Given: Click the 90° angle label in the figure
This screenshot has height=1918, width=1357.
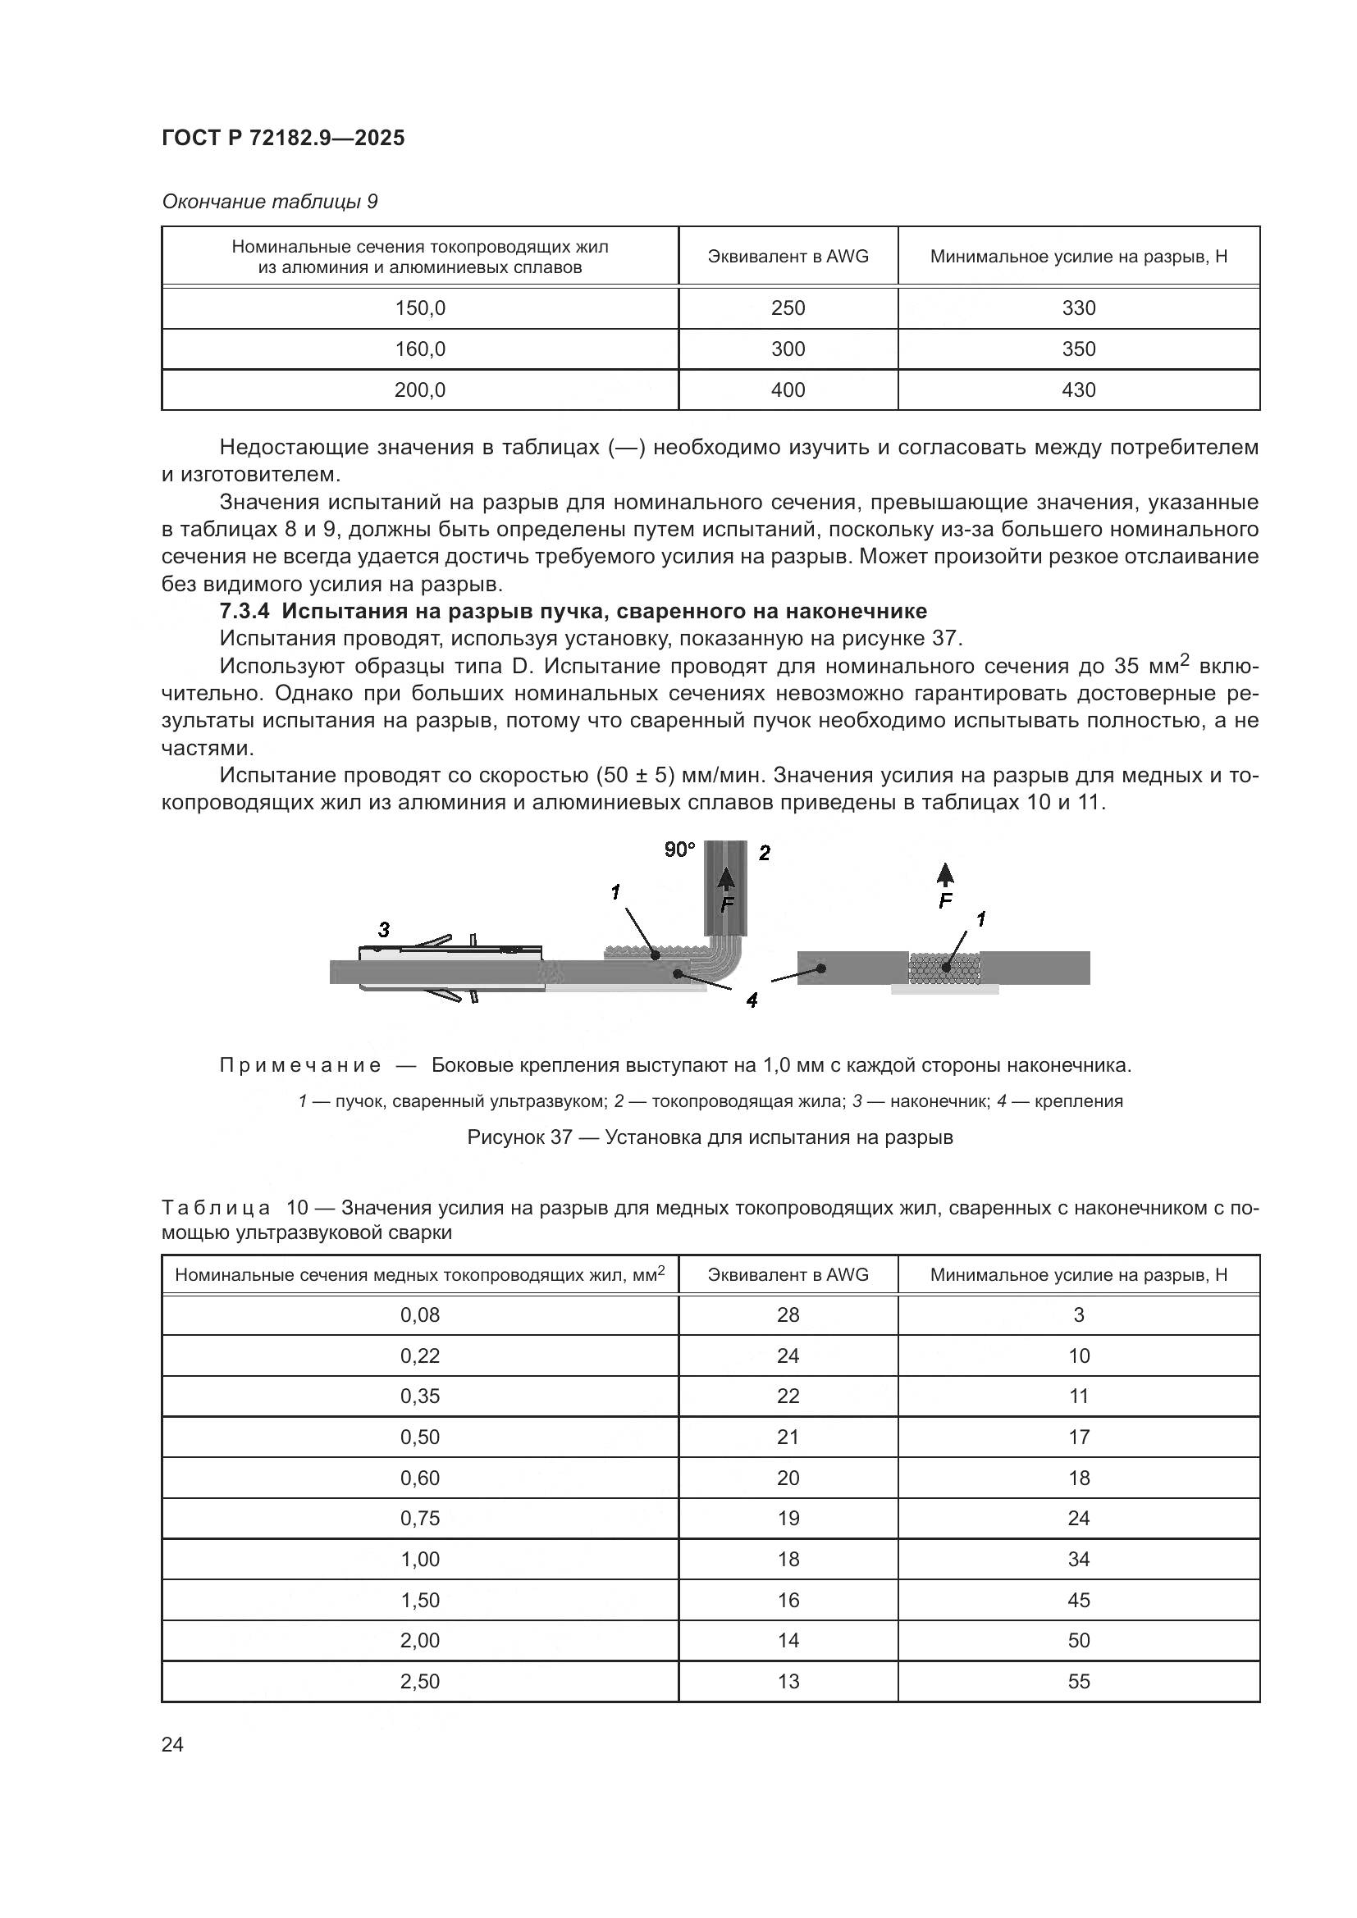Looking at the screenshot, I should click(x=678, y=850).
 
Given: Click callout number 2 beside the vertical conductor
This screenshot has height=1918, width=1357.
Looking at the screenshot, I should click(x=764, y=853).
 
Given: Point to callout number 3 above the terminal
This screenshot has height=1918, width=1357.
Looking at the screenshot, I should click(x=383, y=929).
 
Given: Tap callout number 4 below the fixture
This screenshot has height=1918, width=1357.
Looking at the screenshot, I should click(x=752, y=999).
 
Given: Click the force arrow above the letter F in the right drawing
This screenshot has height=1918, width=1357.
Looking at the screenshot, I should click(x=945, y=875).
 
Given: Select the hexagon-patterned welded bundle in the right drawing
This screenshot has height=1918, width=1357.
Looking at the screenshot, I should click(x=944, y=968).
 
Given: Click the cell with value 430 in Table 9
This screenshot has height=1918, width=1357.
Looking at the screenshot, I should click(x=1078, y=390).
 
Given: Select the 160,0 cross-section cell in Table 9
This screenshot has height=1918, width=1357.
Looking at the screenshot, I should click(x=419, y=349).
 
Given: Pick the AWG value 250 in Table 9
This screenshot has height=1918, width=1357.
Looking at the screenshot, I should click(x=787, y=308).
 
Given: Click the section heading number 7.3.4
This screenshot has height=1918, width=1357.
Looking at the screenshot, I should click(x=244, y=611).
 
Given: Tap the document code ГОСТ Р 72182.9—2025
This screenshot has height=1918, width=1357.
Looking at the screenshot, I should click(x=282, y=138).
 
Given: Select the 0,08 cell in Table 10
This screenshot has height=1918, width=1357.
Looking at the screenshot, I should click(x=419, y=1314).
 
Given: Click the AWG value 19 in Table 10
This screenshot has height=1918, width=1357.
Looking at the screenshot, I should click(x=787, y=1518).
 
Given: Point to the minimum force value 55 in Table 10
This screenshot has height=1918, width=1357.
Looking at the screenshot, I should click(x=1078, y=1681).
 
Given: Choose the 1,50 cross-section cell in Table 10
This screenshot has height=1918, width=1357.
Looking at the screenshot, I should click(x=419, y=1600).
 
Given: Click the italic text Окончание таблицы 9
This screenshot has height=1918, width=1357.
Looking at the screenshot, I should click(x=269, y=202).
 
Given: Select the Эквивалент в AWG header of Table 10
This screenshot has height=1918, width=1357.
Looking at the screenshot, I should click(x=787, y=1275).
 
